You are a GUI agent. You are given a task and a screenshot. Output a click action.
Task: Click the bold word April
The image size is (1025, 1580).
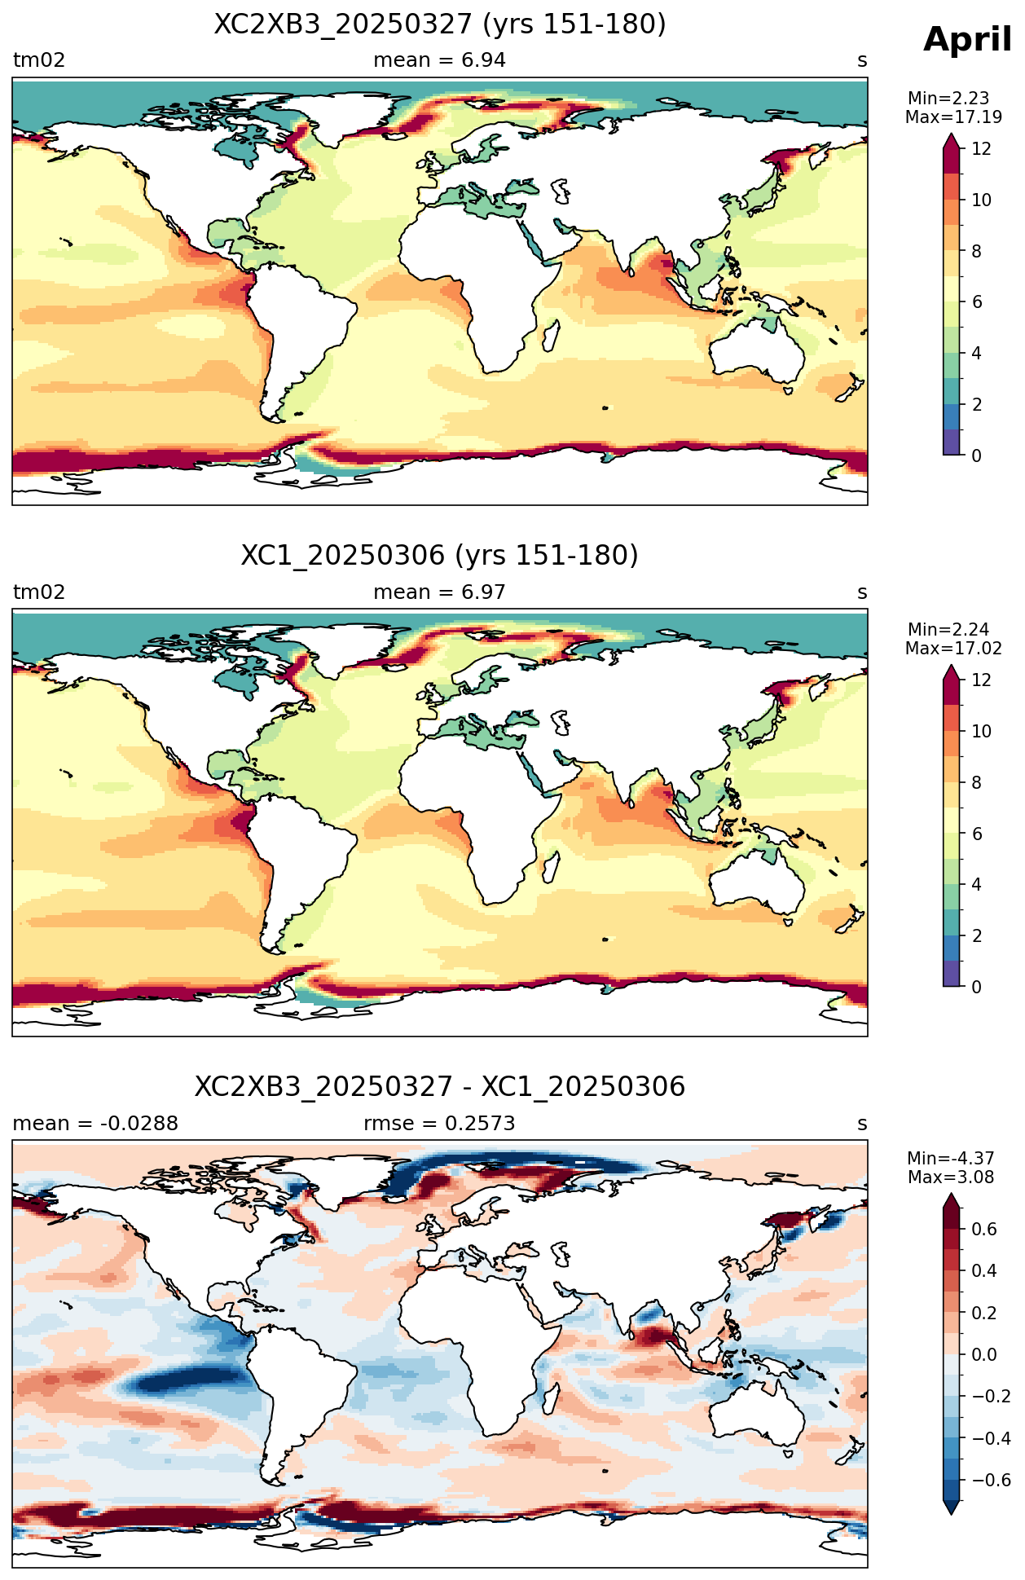point(967,40)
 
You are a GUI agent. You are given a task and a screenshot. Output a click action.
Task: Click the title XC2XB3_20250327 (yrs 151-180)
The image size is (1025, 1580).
point(440,24)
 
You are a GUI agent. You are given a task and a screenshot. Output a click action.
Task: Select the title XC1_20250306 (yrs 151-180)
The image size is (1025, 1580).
point(440,556)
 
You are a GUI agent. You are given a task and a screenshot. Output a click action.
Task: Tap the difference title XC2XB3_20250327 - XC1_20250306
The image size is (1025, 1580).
point(440,1087)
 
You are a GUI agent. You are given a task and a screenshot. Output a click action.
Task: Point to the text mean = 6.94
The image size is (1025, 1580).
point(440,60)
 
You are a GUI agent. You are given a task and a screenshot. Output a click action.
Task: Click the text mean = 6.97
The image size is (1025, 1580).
point(440,592)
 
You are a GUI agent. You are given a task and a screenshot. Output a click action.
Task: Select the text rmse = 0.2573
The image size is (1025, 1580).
point(440,1124)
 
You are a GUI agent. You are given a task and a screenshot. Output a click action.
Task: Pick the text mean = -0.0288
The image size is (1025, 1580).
point(95,1124)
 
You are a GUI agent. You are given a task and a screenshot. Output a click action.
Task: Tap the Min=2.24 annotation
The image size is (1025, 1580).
point(948,630)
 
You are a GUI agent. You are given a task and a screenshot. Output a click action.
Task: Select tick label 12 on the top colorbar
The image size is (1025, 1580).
point(982,149)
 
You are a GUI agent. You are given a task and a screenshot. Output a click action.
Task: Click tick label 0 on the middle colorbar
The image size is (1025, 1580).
point(977,988)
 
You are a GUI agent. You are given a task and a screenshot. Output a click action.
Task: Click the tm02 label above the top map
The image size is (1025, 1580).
point(39,60)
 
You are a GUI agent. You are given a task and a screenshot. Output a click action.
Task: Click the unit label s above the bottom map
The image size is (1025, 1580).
point(862,1124)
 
